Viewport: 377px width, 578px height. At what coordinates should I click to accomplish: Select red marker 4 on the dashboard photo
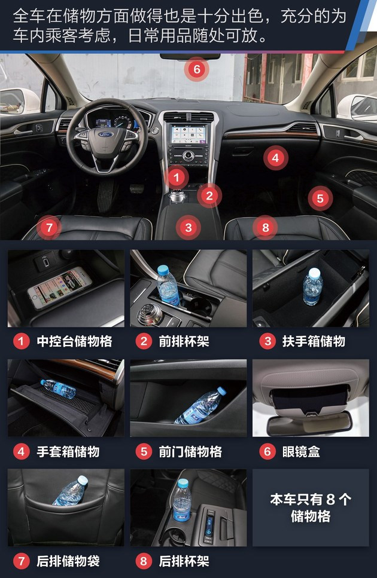pyautogui.click(x=275, y=158)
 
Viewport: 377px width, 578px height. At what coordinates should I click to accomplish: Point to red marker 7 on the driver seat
pyautogui.click(x=50, y=227)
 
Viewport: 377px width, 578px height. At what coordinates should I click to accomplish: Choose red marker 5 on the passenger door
pyautogui.click(x=320, y=198)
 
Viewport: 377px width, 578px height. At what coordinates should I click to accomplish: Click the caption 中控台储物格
pyautogui.click(x=74, y=342)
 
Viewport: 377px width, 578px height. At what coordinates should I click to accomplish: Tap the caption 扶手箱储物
pyautogui.click(x=314, y=342)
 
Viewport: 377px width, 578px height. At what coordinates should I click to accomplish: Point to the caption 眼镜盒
pyautogui.click(x=301, y=451)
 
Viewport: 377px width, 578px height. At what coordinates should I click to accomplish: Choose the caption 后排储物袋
pyautogui.click(x=68, y=561)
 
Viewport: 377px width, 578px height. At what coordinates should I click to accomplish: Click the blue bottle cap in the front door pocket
pyautogui.click(x=221, y=391)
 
